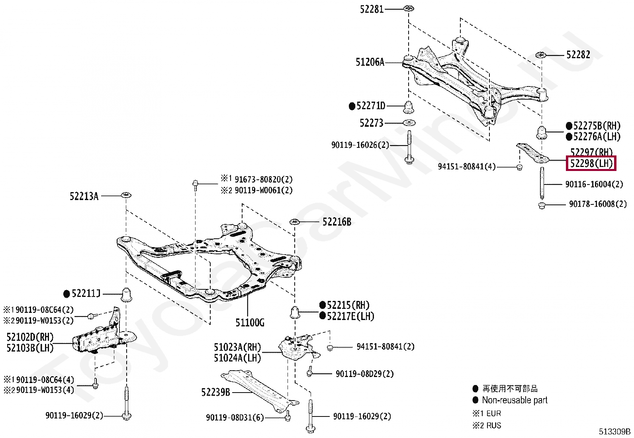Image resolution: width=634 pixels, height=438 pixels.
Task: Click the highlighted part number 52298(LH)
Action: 591,163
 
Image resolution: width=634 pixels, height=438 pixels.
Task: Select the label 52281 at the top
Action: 372,9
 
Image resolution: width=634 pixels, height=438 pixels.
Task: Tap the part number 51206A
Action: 370,62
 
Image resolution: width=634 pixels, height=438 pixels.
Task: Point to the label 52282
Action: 578,55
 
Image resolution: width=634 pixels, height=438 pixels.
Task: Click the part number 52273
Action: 371,123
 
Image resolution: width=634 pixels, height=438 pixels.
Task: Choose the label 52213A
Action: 84,196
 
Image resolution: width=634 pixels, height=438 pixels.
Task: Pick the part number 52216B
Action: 337,222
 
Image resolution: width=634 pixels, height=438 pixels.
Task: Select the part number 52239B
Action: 215,392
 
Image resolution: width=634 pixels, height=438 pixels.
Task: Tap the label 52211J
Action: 86,294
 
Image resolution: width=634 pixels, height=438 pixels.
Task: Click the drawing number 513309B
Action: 614,431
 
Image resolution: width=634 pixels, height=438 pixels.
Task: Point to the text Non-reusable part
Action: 515,400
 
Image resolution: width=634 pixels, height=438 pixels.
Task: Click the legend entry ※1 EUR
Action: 487,413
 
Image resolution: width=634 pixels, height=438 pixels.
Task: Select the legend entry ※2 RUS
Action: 487,425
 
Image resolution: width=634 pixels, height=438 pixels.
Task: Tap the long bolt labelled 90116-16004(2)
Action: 542,183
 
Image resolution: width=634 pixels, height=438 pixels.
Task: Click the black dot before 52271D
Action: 352,106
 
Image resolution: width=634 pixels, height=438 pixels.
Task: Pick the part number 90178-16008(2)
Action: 598,204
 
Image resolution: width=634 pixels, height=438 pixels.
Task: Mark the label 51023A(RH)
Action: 237,347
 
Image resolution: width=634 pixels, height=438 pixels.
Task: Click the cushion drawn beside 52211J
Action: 126,294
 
